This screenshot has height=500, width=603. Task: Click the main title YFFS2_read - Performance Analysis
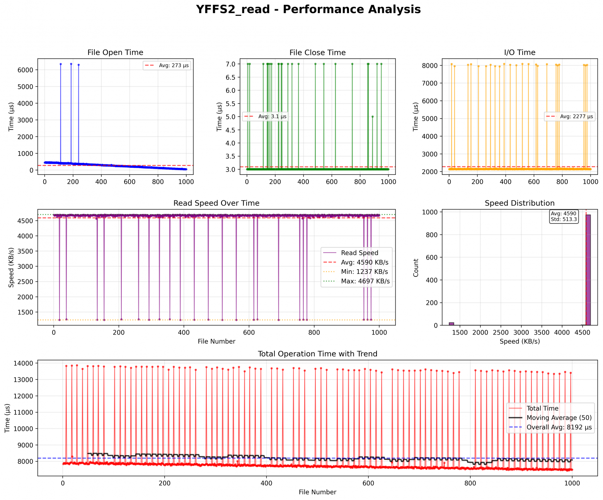tap(308, 9)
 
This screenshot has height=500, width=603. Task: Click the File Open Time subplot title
tap(115, 53)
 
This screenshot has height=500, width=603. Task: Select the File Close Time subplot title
tap(317, 53)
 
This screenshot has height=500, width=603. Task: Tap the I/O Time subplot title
tap(520, 53)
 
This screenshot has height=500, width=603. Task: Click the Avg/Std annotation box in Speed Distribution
tap(564, 217)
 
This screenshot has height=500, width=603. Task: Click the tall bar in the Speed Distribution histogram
tap(588, 271)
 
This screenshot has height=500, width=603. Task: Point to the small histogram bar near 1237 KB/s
tap(451, 324)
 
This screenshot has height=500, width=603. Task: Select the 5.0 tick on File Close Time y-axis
tap(230, 117)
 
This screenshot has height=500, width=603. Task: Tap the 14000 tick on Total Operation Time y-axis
tap(24, 363)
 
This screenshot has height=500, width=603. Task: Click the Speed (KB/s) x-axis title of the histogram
tap(520, 341)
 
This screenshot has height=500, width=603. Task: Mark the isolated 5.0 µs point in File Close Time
tap(372, 117)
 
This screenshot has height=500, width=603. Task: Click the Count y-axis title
tap(416, 268)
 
